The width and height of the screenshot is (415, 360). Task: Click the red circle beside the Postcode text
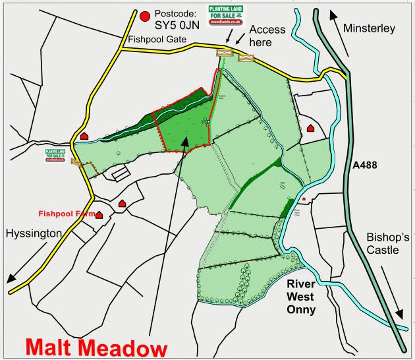click(x=144, y=15)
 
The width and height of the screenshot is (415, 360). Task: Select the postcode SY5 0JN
click(x=179, y=28)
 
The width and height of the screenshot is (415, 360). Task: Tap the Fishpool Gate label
click(x=158, y=40)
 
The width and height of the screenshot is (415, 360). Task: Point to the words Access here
click(x=267, y=36)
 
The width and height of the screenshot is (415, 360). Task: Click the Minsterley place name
click(x=369, y=28)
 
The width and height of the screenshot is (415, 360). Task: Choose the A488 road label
click(x=364, y=165)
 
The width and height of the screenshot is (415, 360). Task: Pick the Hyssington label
click(x=34, y=233)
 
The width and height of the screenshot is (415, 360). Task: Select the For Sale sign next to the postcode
click(x=225, y=16)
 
